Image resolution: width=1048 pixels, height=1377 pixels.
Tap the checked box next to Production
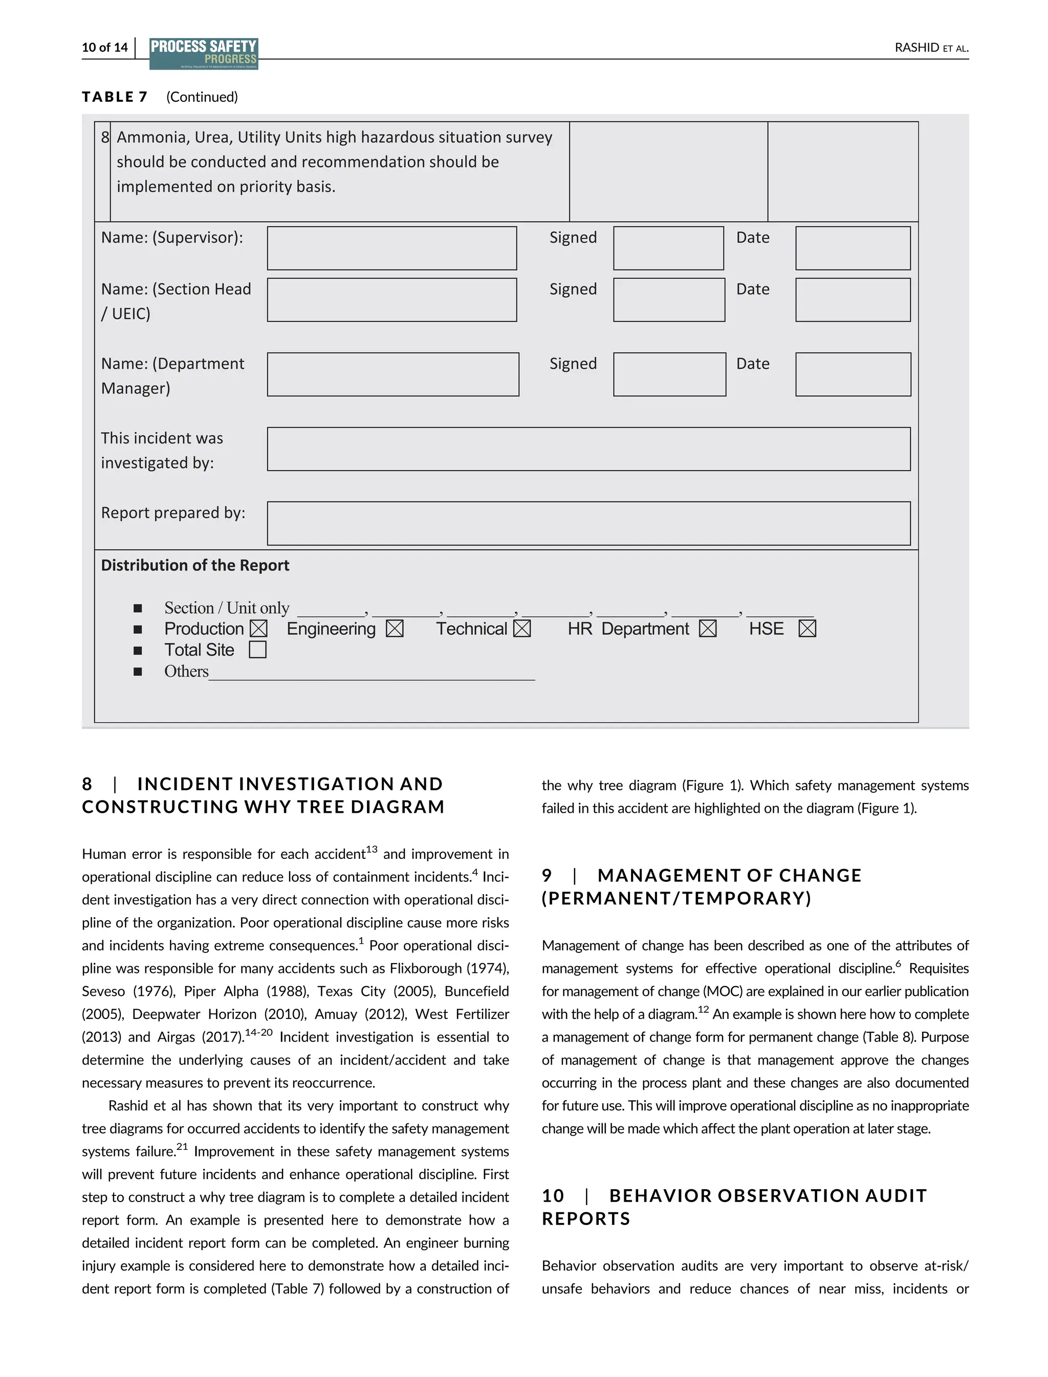coord(258,629)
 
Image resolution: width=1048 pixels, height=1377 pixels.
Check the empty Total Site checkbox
coord(257,650)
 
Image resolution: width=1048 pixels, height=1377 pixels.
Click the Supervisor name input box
coord(392,248)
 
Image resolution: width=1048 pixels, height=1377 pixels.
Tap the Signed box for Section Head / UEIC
coord(669,300)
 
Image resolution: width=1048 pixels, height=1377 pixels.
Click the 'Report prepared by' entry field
coord(588,523)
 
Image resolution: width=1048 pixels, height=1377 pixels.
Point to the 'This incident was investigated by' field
coord(588,449)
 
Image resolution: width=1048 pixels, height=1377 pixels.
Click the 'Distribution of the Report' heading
coord(195,565)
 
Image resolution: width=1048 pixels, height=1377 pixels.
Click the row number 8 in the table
coord(105,137)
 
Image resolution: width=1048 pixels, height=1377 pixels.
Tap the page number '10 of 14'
coord(105,48)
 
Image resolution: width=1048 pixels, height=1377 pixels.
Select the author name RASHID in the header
coord(916,48)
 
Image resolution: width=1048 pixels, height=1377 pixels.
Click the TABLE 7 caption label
coord(115,97)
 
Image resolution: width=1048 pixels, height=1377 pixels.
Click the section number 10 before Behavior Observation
coord(553,1195)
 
